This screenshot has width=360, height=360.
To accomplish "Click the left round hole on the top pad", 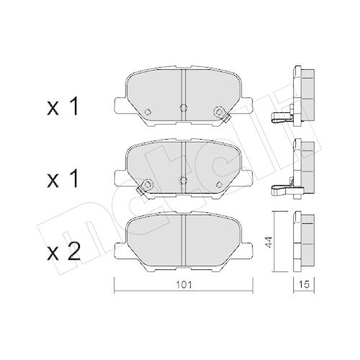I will tap(148, 112).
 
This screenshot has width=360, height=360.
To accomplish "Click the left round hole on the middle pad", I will tap(148, 185).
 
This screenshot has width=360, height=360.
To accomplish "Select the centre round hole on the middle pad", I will tap(183, 179).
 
